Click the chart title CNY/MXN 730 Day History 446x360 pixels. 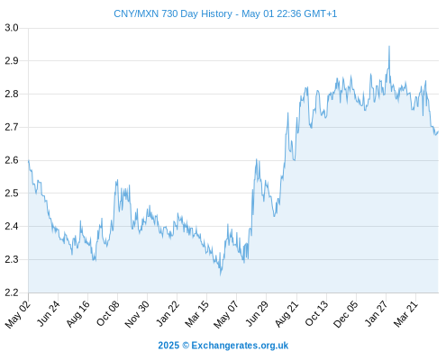point(173,13)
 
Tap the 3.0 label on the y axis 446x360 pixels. point(12,28)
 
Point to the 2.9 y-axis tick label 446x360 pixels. point(12,61)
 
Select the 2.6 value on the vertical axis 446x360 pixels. point(12,160)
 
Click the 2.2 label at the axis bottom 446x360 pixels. point(12,292)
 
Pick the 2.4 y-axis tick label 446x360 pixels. point(12,226)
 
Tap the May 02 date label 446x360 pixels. point(18,314)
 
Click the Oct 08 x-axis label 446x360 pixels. point(108,313)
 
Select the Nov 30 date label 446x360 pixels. point(137,314)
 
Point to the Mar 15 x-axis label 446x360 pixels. point(196,314)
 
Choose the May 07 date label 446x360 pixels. point(226,314)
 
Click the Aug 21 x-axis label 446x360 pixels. point(287,314)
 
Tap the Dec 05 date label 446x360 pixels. point(346,314)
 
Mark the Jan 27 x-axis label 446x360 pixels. point(376,313)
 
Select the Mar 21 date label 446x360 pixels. point(405,314)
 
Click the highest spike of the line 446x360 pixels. point(389,46)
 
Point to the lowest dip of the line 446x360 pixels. point(221,274)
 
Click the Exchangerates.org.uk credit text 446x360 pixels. point(240,346)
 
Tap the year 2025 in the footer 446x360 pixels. point(168,346)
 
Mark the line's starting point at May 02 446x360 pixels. point(29,160)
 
